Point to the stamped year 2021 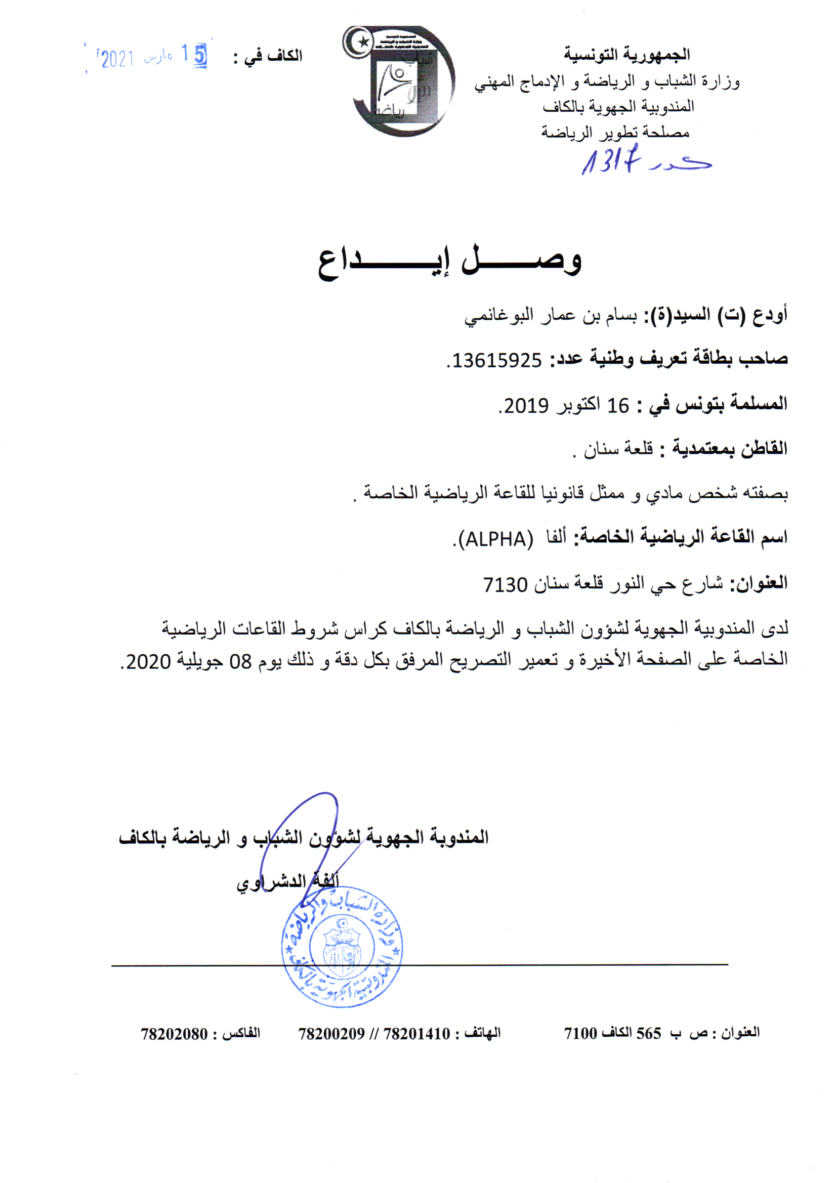[117, 59]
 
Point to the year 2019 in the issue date [526, 406]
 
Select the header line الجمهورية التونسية [626, 54]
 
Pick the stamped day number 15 [194, 55]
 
